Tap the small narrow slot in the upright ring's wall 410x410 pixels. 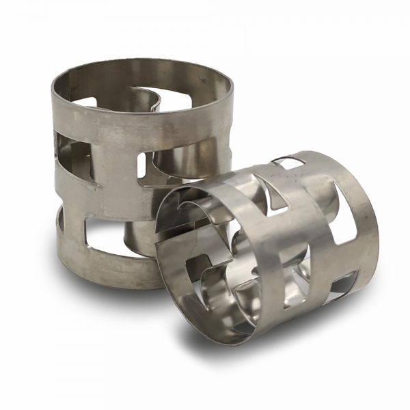[x=143, y=165]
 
